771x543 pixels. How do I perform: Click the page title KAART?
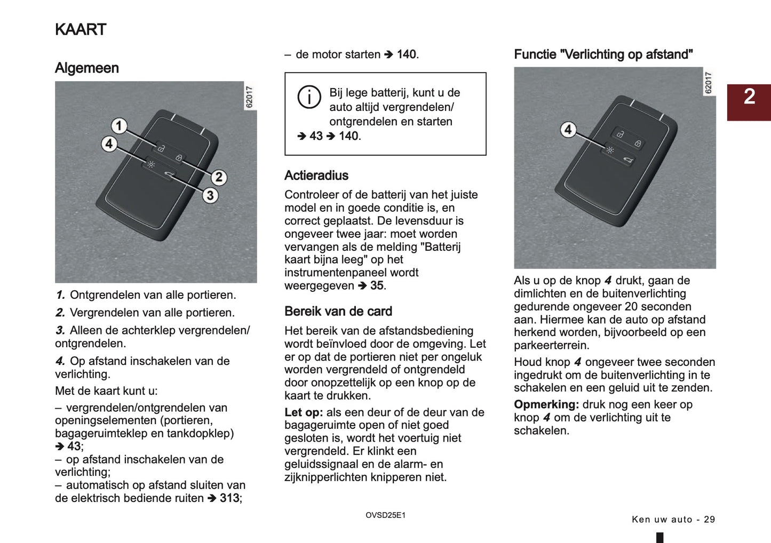[x=81, y=29]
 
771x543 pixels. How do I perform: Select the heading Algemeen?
[x=86, y=68]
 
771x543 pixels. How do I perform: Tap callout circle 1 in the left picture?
[x=119, y=126]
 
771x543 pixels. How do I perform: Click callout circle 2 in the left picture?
[x=219, y=177]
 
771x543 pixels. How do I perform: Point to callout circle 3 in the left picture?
[x=210, y=195]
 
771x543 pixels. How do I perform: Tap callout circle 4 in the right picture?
[x=568, y=130]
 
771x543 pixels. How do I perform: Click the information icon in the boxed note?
[x=309, y=97]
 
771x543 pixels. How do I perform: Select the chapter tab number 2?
[x=749, y=97]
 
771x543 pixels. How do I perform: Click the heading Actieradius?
[x=316, y=175]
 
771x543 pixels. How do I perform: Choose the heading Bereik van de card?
[x=338, y=312]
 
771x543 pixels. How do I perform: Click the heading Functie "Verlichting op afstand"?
[x=603, y=54]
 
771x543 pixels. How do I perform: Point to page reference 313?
[x=229, y=498]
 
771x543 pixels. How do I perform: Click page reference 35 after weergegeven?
[x=377, y=286]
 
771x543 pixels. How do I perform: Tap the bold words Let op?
[x=303, y=412]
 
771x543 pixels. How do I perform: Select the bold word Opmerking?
[x=546, y=404]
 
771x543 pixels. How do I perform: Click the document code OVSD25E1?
[x=385, y=515]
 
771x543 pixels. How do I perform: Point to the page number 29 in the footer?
[x=709, y=520]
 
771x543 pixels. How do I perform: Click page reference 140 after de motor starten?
[x=407, y=54]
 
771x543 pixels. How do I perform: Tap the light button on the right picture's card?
[x=610, y=150]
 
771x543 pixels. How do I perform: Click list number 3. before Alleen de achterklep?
[x=60, y=331]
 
